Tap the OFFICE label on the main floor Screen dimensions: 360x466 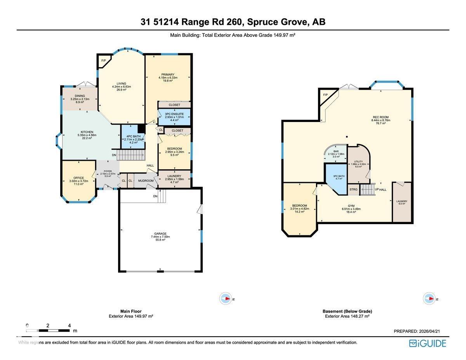pos(78,178)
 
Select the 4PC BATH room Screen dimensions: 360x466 pos(131,136)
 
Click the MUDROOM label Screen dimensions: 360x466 pos(146,181)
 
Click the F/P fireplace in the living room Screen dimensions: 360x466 pos(104,61)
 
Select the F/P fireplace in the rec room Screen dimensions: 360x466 pos(325,95)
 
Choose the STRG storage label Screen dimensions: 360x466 pos(353,190)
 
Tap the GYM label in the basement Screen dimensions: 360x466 pos(351,206)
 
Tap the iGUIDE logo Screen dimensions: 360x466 pos(428,343)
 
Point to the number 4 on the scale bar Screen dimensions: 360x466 pos(69,325)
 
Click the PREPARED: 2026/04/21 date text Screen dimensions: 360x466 pos(417,331)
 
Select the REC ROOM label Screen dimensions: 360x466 pos(381,117)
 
